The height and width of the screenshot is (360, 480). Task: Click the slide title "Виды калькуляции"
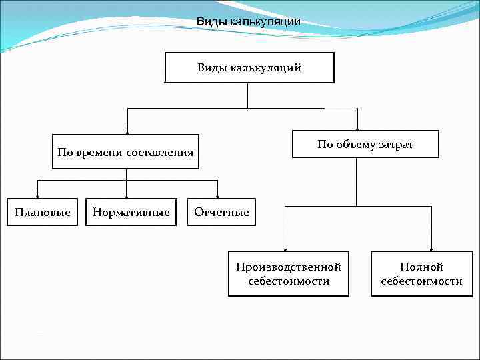tap(248, 22)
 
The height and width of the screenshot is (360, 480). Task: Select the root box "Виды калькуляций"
tap(249, 68)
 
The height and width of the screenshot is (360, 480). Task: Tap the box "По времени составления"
tap(125, 152)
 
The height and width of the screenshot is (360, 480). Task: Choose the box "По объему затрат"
tap(365, 144)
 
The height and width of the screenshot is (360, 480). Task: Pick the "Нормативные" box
tap(131, 212)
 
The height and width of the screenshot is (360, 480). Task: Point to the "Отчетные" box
tap(221, 212)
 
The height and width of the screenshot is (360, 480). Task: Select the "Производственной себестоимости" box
tap(288, 274)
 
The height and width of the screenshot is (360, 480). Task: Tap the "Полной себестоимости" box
tap(421, 274)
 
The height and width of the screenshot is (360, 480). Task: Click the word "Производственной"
tap(288, 267)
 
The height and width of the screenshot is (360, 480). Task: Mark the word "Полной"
tap(421, 267)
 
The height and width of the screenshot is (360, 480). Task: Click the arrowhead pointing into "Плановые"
tap(38, 195)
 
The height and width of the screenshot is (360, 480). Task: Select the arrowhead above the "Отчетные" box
tap(217, 195)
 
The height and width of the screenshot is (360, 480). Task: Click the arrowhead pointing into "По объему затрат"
tap(357, 127)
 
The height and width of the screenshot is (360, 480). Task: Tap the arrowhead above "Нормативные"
tap(127, 195)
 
